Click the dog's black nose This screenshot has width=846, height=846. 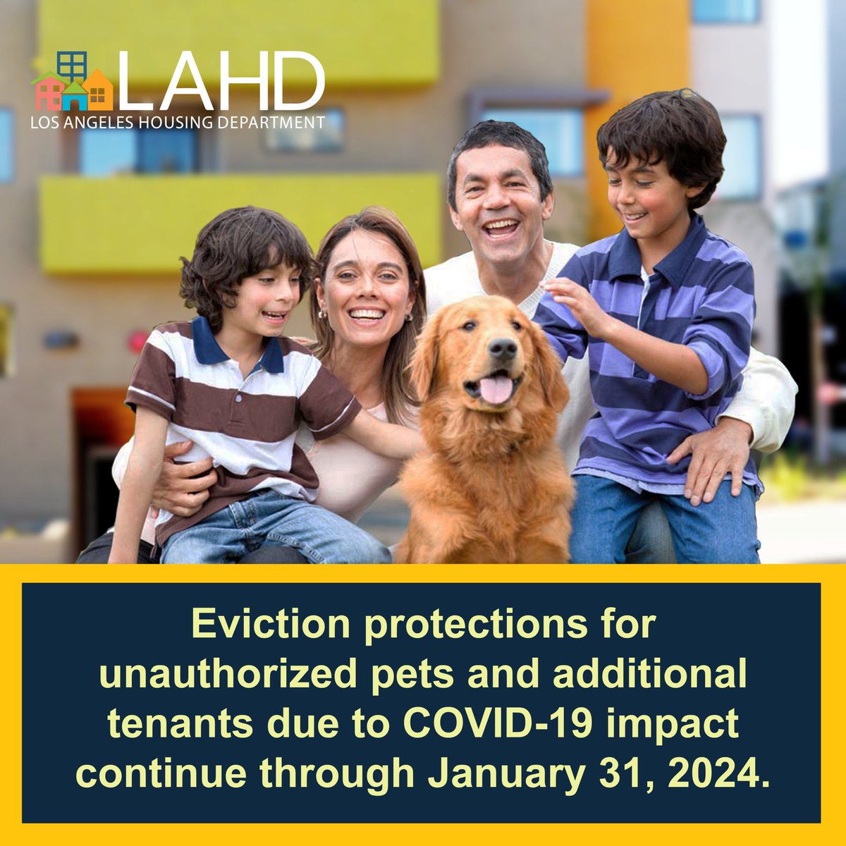point(502,348)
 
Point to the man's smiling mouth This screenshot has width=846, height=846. point(501,228)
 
